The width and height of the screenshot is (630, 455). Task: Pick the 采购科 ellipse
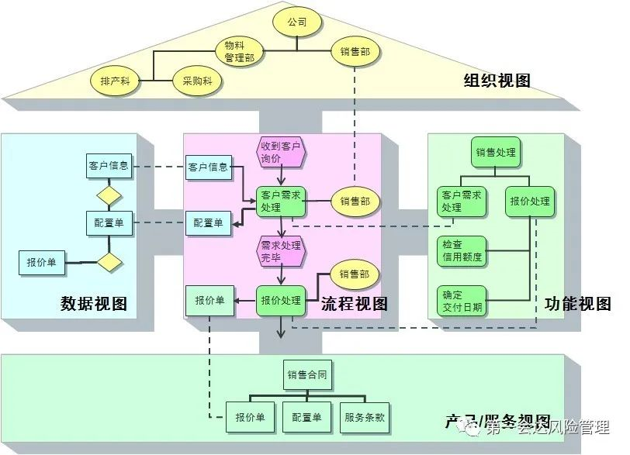click(197, 80)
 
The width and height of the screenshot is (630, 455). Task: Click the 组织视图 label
click(497, 81)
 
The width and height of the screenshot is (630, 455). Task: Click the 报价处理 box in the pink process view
click(281, 301)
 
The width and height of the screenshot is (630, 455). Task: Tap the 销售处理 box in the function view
click(495, 152)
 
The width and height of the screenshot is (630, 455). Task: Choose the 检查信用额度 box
click(462, 250)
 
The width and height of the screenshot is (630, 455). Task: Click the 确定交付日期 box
click(462, 301)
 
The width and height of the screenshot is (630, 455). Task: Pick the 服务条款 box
click(365, 418)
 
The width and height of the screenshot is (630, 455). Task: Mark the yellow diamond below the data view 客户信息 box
click(109, 191)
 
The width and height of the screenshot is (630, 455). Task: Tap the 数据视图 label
click(93, 304)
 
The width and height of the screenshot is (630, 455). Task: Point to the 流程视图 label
click(354, 304)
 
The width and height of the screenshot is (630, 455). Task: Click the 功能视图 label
click(578, 304)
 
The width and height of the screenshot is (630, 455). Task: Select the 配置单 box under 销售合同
click(306, 418)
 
